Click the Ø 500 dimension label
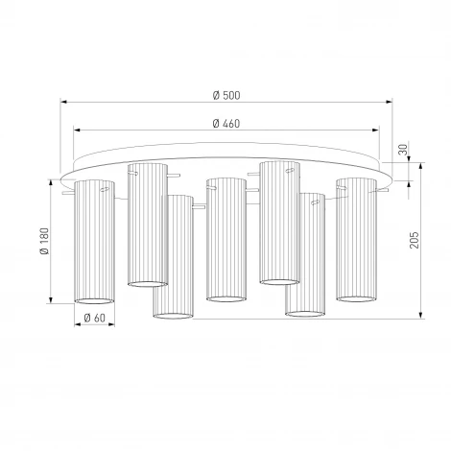(226, 95)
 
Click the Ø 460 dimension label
(226, 124)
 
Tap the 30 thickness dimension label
(404, 150)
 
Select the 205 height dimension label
(415, 240)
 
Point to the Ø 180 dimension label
(44, 241)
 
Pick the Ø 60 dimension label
(94, 318)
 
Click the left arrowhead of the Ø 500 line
(63, 102)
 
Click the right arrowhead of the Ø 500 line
(390, 102)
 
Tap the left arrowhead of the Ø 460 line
(77, 131)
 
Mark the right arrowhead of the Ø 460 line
(376, 131)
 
